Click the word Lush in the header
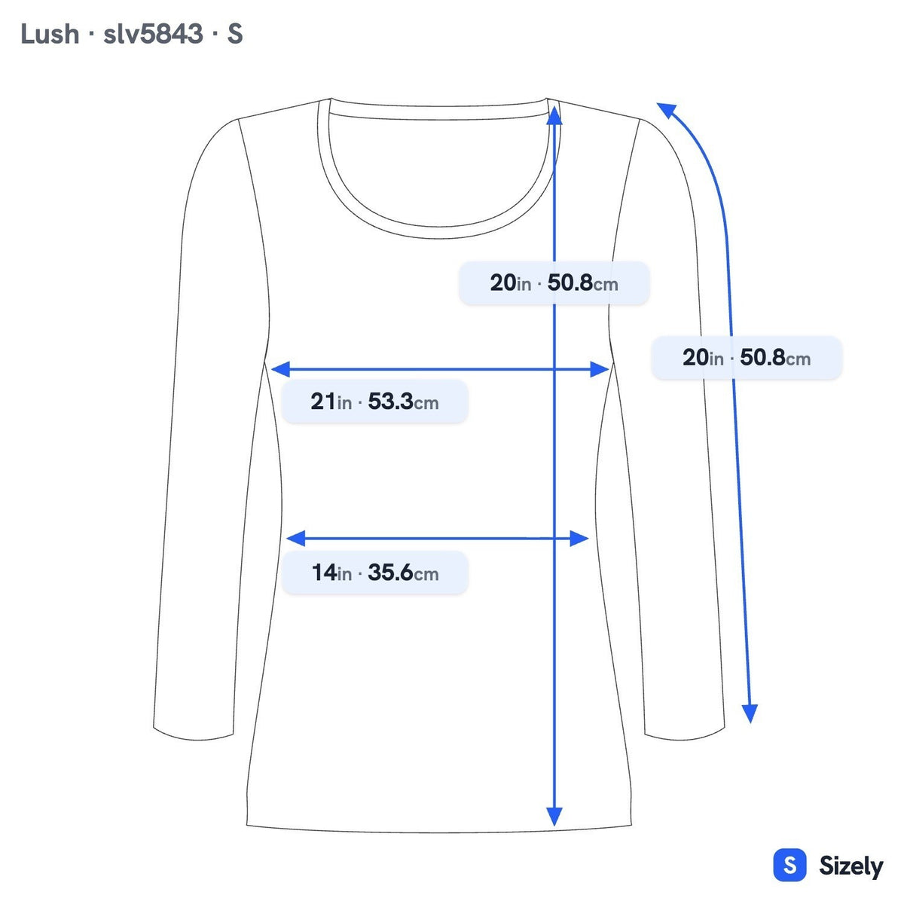pyautogui.click(x=50, y=34)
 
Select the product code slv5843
pyautogui.click(x=153, y=34)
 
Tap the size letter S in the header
pyautogui.click(x=234, y=34)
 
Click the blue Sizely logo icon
pyautogui.click(x=789, y=865)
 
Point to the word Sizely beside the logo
pyautogui.click(x=851, y=866)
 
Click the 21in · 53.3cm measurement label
pyautogui.click(x=374, y=402)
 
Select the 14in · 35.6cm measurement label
pyautogui.click(x=374, y=573)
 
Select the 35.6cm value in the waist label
pyautogui.click(x=404, y=573)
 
